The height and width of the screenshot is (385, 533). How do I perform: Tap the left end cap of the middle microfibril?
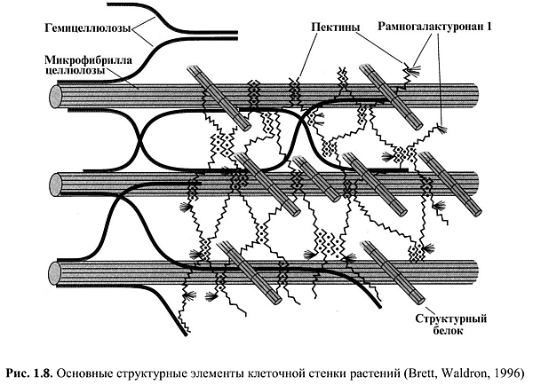tap(57, 183)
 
